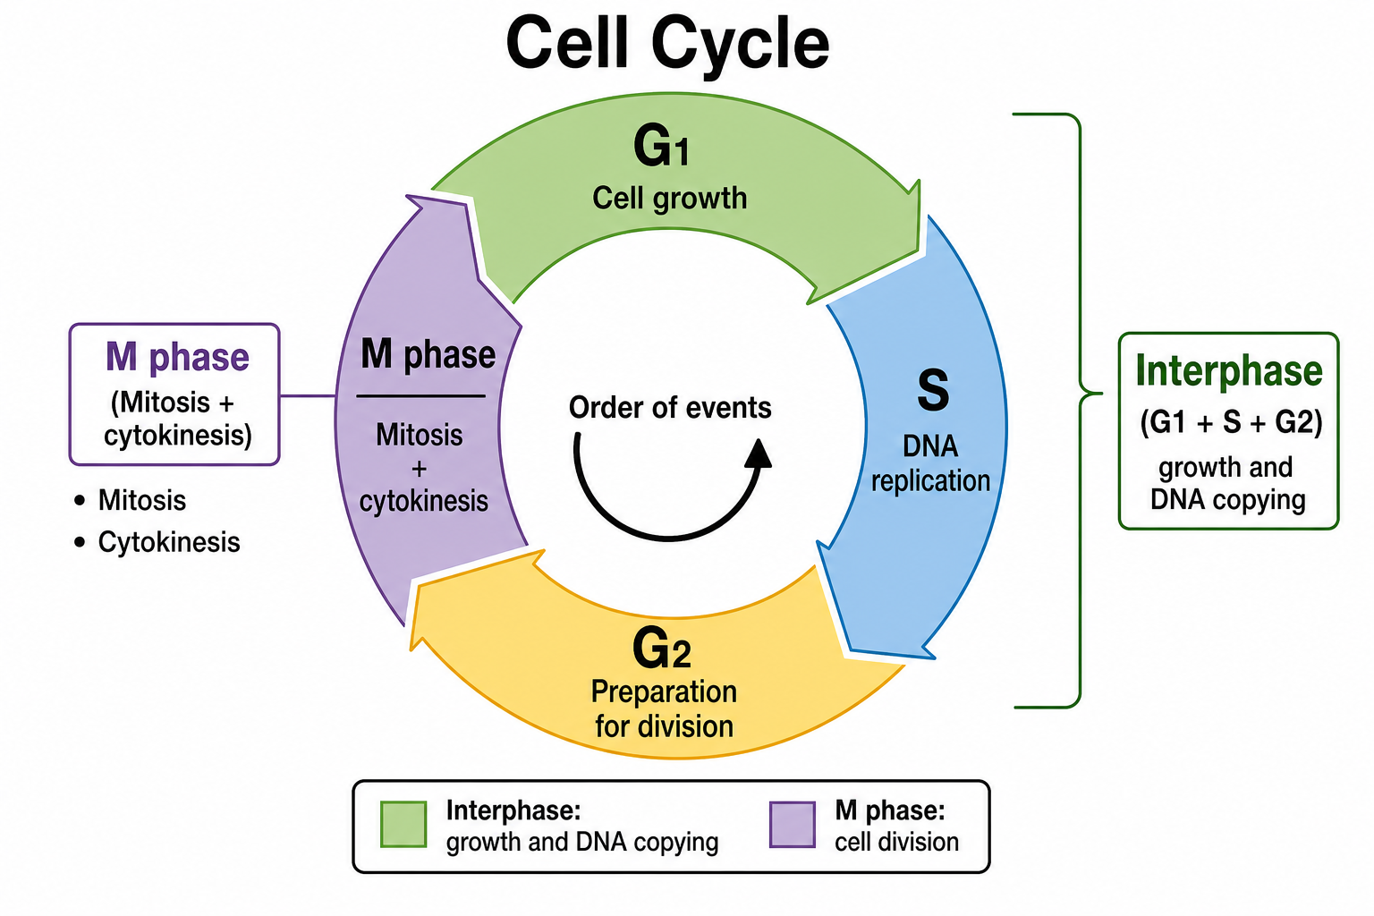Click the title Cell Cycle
667,43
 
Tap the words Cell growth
669,199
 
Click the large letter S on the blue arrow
933,390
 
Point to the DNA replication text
930,463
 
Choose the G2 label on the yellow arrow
662,648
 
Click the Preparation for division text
665,709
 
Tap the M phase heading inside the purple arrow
428,354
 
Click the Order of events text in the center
670,407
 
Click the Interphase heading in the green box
1228,371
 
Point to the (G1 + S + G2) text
1231,422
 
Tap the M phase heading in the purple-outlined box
177,357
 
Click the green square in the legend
403,824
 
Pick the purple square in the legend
793,824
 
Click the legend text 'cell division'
896,842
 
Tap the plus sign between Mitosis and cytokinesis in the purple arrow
419,470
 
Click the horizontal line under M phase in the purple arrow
420,396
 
